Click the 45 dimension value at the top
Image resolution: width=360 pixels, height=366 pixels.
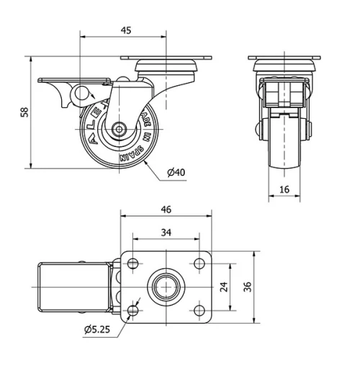(125, 30)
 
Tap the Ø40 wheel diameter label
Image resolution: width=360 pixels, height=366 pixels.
(176, 172)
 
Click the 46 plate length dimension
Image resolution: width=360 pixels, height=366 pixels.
(166, 210)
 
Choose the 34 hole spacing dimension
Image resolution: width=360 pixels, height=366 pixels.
(166, 232)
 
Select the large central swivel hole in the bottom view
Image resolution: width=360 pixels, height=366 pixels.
(166, 287)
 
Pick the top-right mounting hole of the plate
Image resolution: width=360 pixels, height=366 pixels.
(199, 264)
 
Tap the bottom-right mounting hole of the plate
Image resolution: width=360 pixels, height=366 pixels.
(199, 311)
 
